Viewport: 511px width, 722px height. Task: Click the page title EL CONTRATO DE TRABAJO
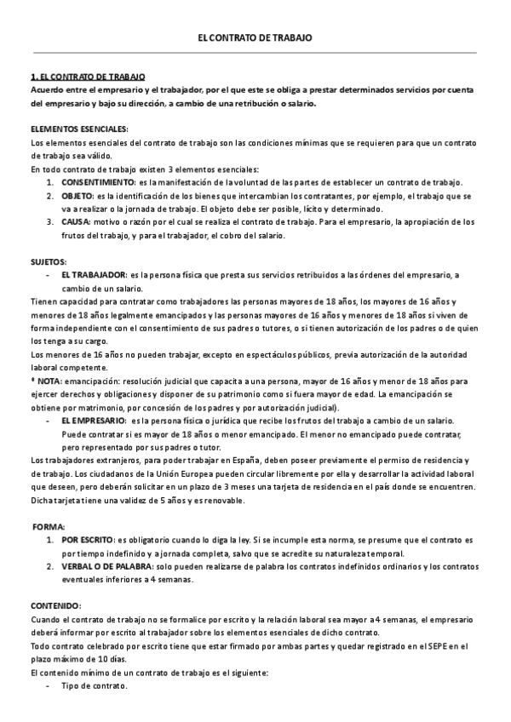[x=255, y=38]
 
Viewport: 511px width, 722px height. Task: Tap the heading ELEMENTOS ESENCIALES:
[x=78, y=129]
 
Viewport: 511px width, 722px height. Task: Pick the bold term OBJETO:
[x=78, y=196]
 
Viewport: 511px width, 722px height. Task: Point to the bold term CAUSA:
[x=75, y=221]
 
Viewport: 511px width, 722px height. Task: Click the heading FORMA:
[x=49, y=527]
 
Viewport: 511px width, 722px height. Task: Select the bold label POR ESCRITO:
[x=88, y=541]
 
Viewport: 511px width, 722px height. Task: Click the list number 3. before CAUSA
[x=51, y=221]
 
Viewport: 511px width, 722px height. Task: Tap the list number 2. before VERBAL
[x=51, y=566]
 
